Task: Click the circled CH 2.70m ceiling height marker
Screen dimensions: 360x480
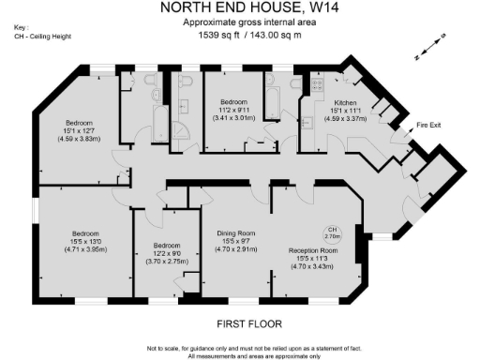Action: tap(332, 232)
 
